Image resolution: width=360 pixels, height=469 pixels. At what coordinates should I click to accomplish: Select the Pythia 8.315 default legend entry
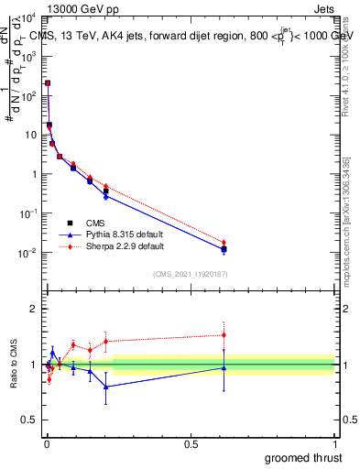tap(115, 234)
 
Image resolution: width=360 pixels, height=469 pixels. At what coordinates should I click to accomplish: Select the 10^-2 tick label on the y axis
tap(27, 253)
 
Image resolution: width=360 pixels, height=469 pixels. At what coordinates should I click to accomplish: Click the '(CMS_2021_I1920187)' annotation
tap(191, 273)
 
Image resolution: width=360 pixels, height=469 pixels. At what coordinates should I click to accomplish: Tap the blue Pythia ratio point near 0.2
tap(106, 387)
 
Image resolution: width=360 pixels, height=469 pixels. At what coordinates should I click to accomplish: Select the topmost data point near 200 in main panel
tap(48, 82)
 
